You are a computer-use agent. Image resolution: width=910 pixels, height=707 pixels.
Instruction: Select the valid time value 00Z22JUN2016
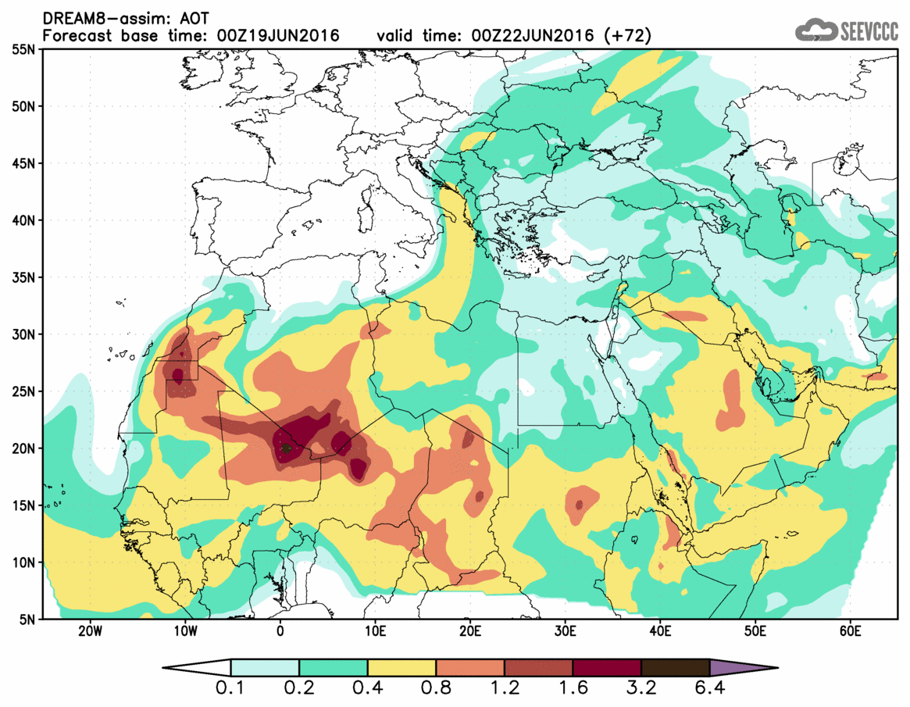coord(536,36)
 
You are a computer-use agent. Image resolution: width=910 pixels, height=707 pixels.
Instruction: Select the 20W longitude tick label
coord(90,631)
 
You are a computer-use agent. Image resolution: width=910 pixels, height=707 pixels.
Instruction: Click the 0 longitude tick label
coord(280,631)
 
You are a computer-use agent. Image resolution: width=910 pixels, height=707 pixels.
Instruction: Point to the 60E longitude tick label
coord(850,631)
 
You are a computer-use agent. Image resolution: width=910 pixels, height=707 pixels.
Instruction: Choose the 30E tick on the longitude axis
coord(565,631)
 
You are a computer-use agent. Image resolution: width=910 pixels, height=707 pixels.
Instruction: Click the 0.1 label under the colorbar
coord(230,690)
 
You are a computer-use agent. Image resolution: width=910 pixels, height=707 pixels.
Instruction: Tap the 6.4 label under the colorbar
coord(709,690)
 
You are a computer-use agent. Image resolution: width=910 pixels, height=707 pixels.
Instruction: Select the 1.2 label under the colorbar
coord(504,690)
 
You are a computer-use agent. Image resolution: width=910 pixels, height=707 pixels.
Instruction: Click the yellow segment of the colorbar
coord(401,668)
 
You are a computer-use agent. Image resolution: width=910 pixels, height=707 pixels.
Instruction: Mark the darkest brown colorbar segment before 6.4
coord(675,668)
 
